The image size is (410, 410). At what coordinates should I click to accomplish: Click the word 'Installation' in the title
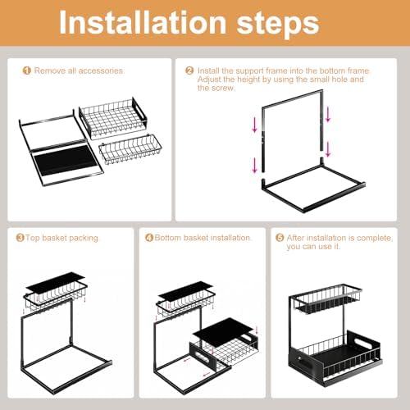[143, 22]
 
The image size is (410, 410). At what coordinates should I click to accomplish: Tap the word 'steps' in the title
[278, 25]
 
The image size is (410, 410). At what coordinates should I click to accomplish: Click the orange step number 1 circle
[27, 71]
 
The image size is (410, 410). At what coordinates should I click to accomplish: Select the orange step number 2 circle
[189, 71]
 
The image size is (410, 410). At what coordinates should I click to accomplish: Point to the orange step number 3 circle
[20, 238]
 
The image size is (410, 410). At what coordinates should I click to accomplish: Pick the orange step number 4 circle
[149, 238]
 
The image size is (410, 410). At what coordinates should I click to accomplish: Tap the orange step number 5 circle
[280, 238]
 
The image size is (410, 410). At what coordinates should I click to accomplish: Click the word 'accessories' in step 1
[101, 71]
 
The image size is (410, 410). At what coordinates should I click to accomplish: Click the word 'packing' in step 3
[84, 238]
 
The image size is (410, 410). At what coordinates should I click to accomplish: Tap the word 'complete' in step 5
[375, 239]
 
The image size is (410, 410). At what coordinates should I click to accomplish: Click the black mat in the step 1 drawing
[65, 160]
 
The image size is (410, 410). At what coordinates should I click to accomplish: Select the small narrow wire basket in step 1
[130, 150]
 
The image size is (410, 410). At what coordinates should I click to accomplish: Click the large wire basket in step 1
[113, 118]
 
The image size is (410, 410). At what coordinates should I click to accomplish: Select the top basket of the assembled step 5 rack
[326, 299]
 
